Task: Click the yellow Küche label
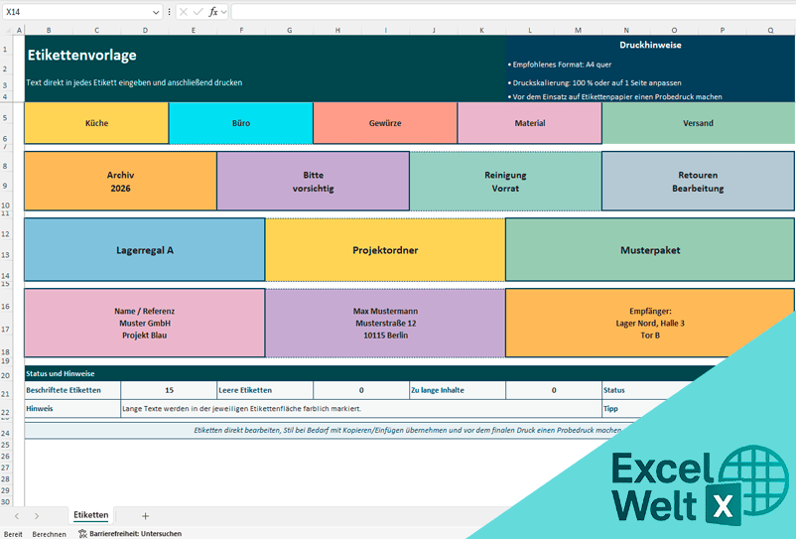click(x=96, y=123)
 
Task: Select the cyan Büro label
click(x=240, y=123)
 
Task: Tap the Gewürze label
click(x=384, y=123)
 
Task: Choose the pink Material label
click(x=529, y=123)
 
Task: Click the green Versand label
click(x=698, y=123)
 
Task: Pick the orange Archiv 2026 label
click(x=120, y=181)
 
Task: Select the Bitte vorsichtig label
click(x=313, y=181)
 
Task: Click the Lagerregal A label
click(x=144, y=250)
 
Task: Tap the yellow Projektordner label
click(x=385, y=250)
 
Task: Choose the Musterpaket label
click(x=649, y=250)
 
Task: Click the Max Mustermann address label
click(x=385, y=323)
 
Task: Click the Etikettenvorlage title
click(x=82, y=56)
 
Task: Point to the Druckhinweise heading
click(x=650, y=45)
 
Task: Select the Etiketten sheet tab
click(x=90, y=515)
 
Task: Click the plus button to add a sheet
click(x=146, y=515)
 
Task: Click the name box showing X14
click(x=79, y=12)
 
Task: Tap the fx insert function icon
click(x=213, y=12)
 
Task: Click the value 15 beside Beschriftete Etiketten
click(x=169, y=390)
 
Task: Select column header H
click(x=337, y=30)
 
